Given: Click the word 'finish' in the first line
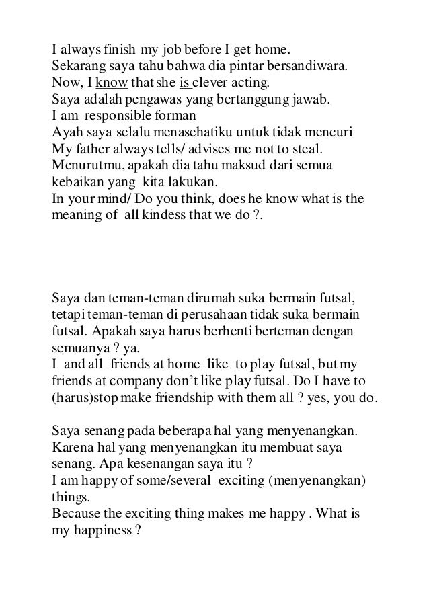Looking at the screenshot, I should click(x=120, y=50).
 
